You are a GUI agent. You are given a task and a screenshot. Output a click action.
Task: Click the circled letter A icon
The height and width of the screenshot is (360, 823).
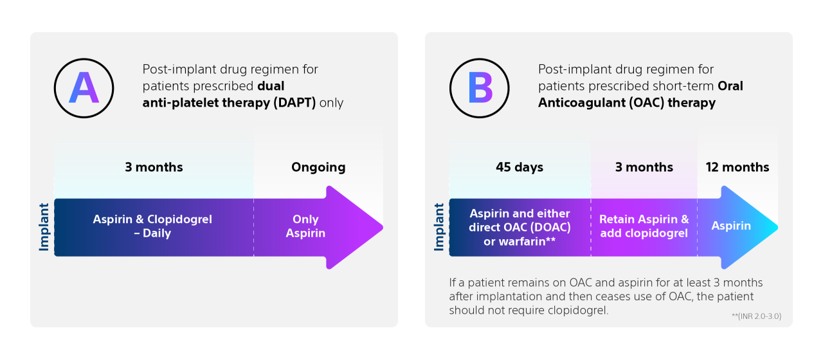coord(84,88)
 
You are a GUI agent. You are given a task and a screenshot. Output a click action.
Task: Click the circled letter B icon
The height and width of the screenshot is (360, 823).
coord(479,88)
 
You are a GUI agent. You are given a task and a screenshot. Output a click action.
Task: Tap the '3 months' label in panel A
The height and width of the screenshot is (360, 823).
coord(154,167)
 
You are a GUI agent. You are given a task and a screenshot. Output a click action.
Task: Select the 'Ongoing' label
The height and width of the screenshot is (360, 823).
coord(318,167)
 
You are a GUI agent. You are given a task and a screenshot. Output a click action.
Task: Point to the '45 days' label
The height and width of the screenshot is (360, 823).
coord(520,167)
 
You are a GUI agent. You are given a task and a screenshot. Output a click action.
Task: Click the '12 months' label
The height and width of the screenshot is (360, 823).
coord(737,167)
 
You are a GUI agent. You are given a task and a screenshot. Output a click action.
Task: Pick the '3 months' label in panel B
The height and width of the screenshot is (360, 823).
coord(644,167)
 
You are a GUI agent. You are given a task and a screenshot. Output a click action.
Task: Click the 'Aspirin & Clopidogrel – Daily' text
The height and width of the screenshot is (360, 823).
coord(152,226)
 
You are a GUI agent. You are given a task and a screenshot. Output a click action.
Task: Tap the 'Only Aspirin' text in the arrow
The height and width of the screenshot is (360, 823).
coord(305,226)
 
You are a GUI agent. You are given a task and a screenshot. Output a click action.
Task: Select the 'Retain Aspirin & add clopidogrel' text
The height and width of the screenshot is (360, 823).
coord(644,226)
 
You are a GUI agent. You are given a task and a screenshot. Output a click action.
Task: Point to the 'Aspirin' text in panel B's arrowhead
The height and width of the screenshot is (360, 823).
coord(731,226)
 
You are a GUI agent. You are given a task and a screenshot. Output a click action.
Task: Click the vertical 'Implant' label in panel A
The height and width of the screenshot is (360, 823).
coord(44,227)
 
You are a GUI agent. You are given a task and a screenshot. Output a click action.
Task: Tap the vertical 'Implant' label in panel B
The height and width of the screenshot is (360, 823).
coord(440,227)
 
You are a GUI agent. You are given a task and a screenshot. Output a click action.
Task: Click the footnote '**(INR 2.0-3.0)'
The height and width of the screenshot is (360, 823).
coord(756,316)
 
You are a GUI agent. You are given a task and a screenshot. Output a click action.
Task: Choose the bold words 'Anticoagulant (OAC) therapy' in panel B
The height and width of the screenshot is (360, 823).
coord(626,103)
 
